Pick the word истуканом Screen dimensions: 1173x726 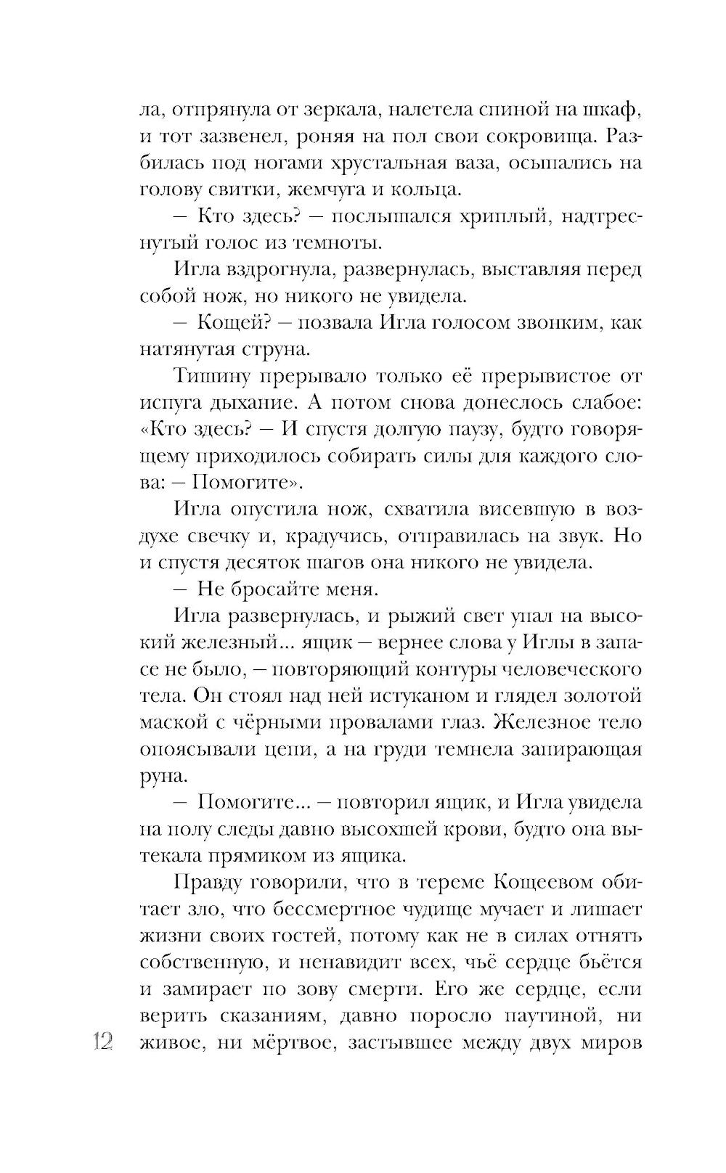tap(404, 695)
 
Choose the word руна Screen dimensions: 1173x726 tap(160, 775)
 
